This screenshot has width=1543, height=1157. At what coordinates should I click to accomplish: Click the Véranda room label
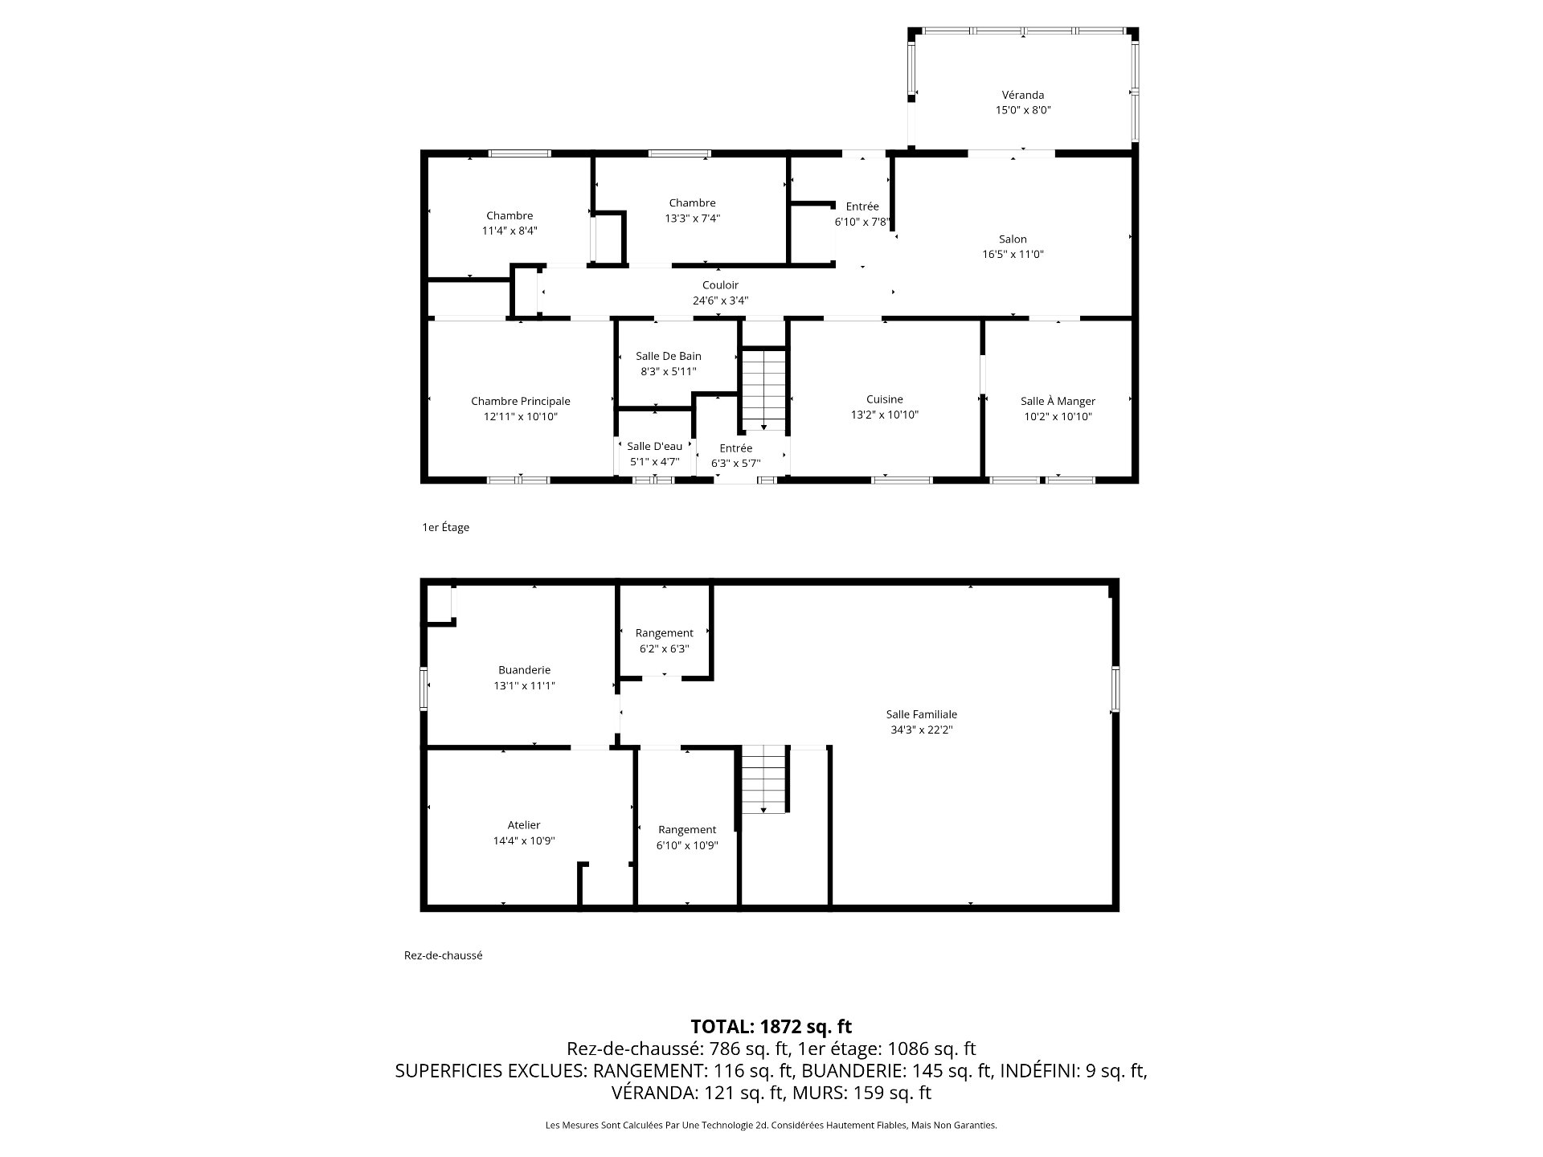1022,95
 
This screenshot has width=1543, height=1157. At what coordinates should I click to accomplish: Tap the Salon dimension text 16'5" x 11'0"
1013,254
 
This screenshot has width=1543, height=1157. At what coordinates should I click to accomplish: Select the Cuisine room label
884,399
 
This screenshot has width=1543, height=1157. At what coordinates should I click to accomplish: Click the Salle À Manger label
1058,401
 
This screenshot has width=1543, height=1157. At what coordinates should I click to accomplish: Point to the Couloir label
720,285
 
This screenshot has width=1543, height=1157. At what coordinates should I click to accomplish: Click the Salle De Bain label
668,356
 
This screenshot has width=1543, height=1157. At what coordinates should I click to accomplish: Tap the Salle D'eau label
654,447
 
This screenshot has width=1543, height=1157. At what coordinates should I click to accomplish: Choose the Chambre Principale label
520,401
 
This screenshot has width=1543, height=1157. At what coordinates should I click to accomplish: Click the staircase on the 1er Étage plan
763,390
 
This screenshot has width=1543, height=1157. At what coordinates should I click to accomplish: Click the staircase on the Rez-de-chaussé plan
763,779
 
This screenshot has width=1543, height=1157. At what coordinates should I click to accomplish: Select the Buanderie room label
524,670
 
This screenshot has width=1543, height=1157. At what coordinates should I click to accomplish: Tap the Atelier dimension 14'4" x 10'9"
524,840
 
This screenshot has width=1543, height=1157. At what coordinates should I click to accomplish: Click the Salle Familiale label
921,714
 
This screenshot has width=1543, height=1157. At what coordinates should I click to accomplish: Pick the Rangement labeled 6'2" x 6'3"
664,633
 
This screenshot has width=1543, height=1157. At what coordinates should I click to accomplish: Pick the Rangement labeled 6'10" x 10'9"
686,830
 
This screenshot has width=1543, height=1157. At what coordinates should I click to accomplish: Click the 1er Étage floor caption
445,528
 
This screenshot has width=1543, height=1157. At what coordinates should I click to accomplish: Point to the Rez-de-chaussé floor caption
443,956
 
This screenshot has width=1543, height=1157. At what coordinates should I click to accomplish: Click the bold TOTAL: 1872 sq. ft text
771,1026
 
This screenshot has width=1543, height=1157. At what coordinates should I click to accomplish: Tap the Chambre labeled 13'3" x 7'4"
692,203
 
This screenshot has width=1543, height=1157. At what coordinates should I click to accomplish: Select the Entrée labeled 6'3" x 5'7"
735,448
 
